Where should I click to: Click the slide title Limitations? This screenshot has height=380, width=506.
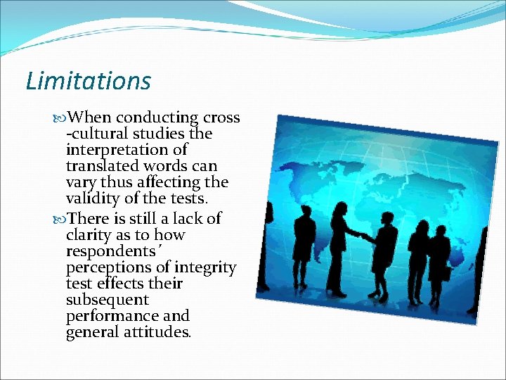pos(88,81)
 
